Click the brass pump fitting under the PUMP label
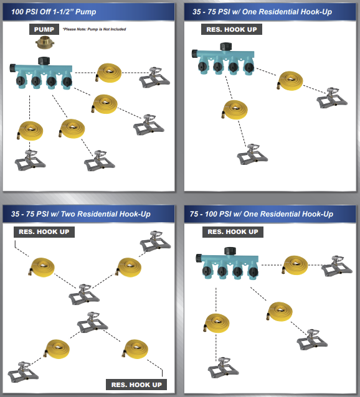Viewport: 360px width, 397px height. [x=45, y=42]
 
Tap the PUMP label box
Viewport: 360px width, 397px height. [x=44, y=29]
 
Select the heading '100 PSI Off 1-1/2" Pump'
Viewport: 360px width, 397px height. [x=54, y=12]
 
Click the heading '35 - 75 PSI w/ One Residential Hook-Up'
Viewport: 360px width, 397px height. [x=262, y=12]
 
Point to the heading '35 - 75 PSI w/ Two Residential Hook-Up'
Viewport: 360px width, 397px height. [x=81, y=214]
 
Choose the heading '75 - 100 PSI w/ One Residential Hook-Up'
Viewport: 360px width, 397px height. [x=262, y=214]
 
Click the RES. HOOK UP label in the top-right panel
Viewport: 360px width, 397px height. [x=232, y=29]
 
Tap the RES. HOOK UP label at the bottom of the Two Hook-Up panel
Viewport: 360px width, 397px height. [x=136, y=385]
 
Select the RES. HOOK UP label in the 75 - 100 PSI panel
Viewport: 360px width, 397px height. [x=233, y=231]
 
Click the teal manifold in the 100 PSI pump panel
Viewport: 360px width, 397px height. [x=41, y=73]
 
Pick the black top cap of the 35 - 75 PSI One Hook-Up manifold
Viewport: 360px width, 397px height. [x=225, y=47]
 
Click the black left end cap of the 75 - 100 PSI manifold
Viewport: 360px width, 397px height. [x=199, y=258]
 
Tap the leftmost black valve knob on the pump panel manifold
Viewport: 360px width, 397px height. [x=21, y=81]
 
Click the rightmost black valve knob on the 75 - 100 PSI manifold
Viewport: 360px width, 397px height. [x=253, y=272]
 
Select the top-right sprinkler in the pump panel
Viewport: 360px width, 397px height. [x=154, y=77]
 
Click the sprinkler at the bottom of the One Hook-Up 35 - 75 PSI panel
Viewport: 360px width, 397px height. [x=252, y=154]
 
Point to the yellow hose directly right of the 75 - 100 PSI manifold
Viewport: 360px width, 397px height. [x=295, y=265]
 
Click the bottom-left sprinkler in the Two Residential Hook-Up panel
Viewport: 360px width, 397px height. [x=23, y=372]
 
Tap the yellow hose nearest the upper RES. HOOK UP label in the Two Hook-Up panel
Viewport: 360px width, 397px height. [x=41, y=267]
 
